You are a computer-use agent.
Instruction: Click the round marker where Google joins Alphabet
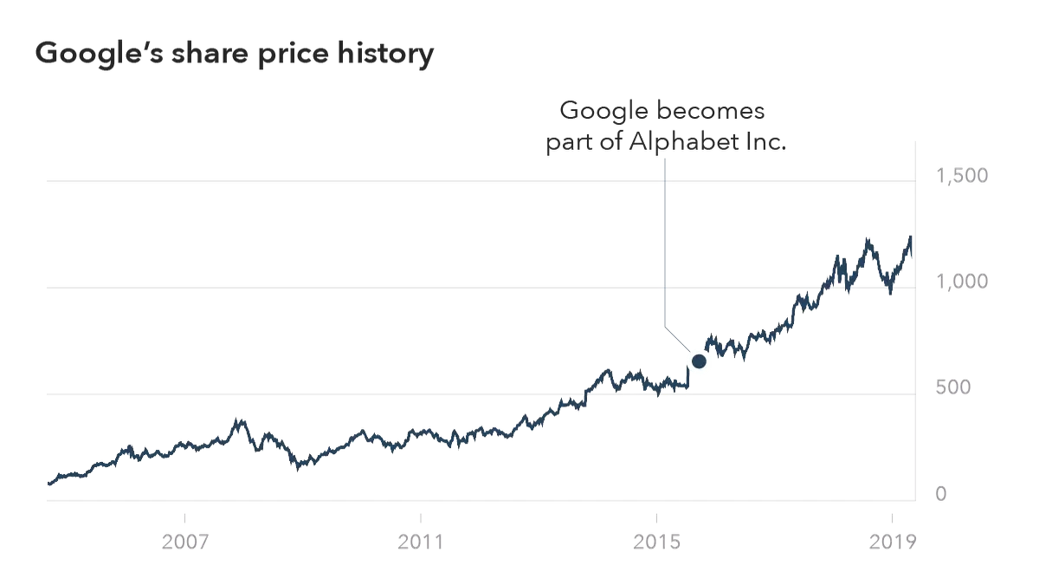coord(698,361)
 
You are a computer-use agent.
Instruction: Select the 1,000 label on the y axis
coord(959,283)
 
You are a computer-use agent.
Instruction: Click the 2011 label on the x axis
coord(420,543)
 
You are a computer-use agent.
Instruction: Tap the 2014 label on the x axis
coord(655,543)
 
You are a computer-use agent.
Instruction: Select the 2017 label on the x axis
coord(891,543)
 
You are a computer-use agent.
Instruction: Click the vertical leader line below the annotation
coord(663,251)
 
